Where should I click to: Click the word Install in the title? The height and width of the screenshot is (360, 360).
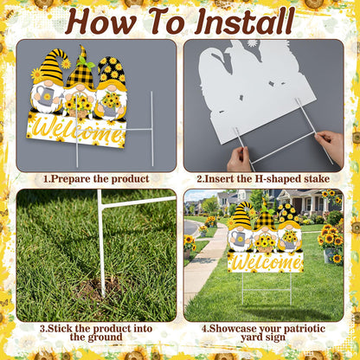point(245,21)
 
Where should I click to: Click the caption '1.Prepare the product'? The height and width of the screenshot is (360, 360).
point(96,179)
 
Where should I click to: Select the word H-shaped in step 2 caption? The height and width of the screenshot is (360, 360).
point(277,179)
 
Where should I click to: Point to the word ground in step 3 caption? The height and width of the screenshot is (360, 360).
point(106,337)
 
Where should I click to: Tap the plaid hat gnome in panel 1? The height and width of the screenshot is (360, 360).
point(80,84)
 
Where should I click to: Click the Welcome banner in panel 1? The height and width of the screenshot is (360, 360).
point(76,132)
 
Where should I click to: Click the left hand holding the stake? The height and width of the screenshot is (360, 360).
point(239,159)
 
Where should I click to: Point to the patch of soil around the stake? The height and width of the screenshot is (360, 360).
point(97,288)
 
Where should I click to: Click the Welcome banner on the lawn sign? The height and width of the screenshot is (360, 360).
point(266,262)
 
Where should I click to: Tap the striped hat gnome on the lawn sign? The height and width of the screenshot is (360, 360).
point(241,228)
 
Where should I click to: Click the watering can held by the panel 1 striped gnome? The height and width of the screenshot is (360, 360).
point(46,97)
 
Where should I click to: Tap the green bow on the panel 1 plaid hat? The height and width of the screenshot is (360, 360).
point(86,63)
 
